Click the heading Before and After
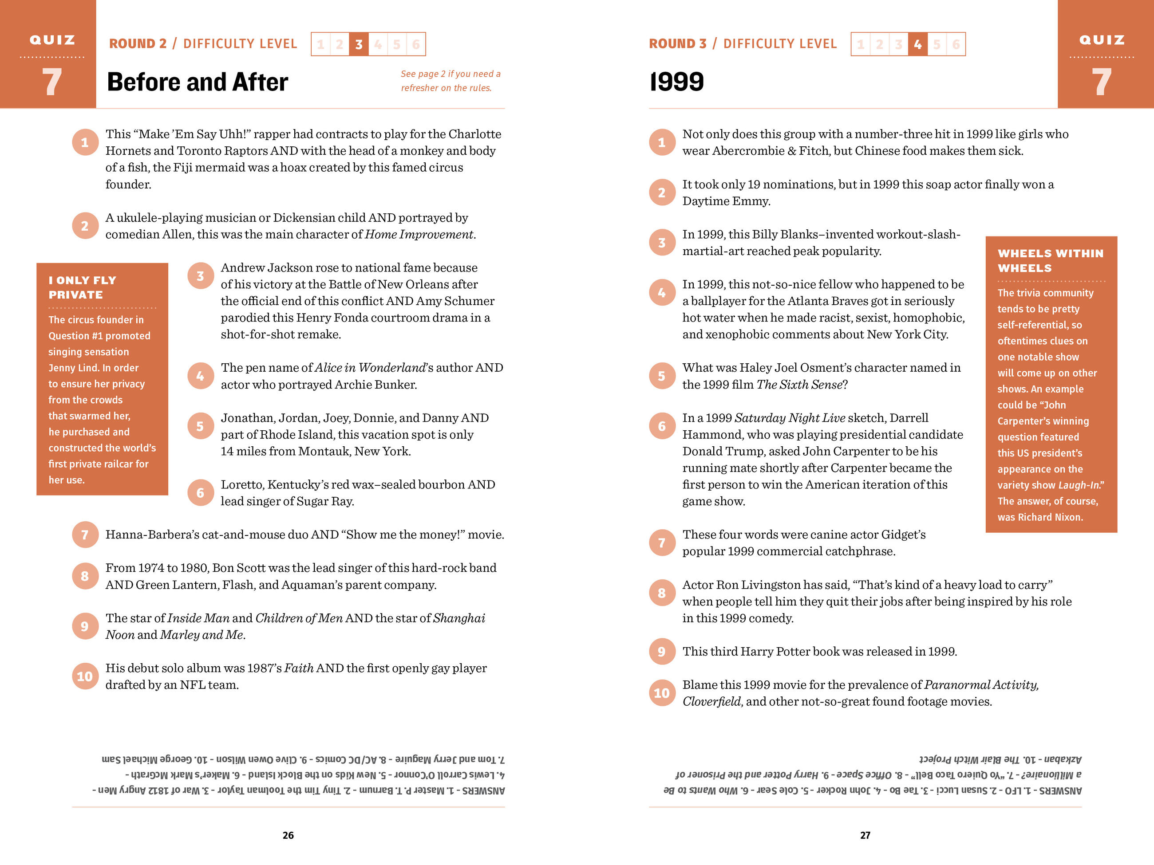(x=197, y=82)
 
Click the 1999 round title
(x=677, y=82)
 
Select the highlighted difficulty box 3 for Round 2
(x=359, y=44)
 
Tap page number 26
(x=288, y=835)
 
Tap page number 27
(x=865, y=835)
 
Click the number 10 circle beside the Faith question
(x=84, y=676)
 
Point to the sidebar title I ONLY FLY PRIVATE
(x=83, y=287)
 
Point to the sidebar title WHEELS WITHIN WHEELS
(x=1050, y=261)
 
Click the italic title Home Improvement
(x=419, y=235)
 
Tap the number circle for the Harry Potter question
(x=661, y=651)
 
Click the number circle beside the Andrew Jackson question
(x=200, y=276)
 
